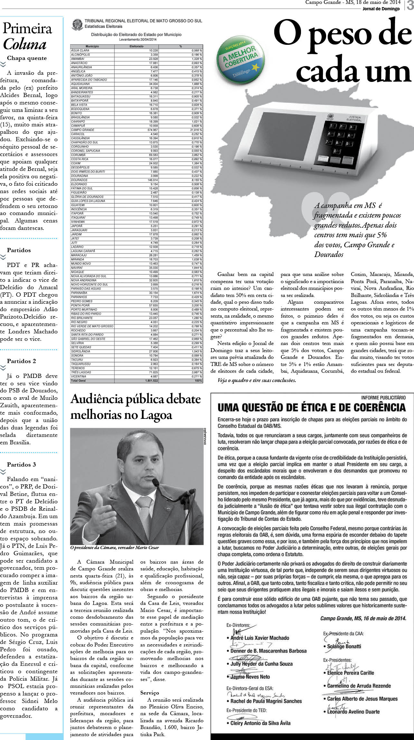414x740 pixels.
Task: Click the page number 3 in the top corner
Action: [x=410, y=5]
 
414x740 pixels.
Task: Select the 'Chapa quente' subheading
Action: [x=27, y=58]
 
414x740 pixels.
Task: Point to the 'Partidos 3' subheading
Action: [x=22, y=465]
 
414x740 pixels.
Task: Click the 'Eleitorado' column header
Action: [x=136, y=46]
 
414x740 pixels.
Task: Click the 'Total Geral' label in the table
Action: [x=78, y=381]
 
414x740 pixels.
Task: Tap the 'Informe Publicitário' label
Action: [x=383, y=398]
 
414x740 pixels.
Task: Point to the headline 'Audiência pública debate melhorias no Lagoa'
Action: [x=136, y=407]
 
